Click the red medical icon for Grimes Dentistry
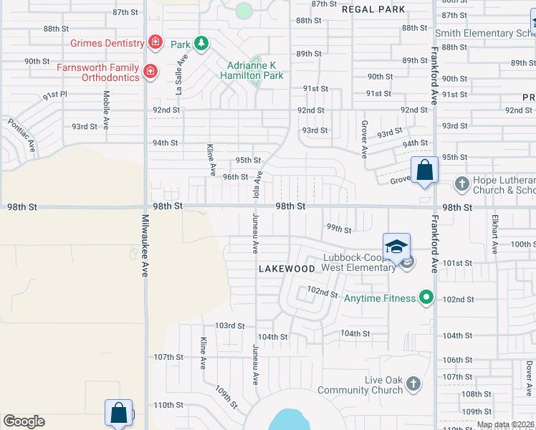[154, 43]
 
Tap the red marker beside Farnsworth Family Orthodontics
[150, 71]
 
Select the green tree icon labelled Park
[202, 44]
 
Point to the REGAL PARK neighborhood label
[373, 9]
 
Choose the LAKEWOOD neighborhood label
[287, 269]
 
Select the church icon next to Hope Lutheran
[461, 184]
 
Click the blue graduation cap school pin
[396, 247]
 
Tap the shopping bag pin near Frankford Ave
[424, 171]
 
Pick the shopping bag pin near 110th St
[119, 414]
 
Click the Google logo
[24, 421]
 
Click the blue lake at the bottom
[290, 420]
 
